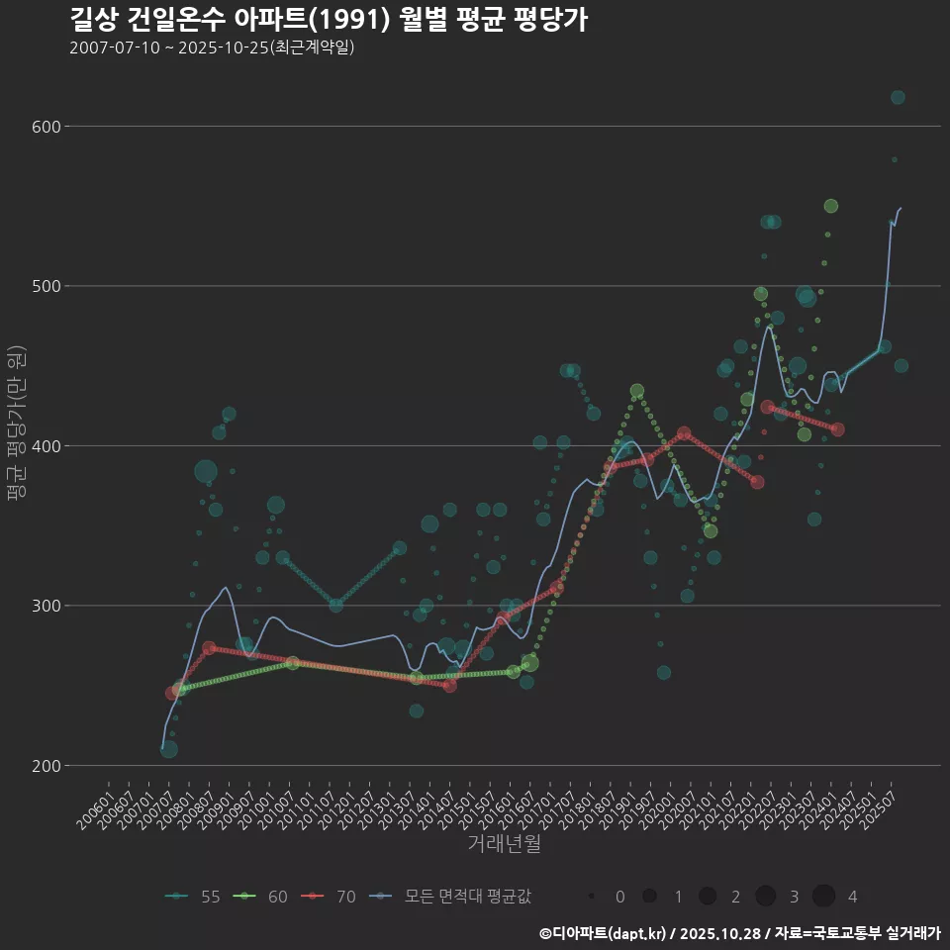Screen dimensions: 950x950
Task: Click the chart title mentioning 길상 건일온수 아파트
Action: (x=329, y=20)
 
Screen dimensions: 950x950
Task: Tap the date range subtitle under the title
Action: (x=212, y=48)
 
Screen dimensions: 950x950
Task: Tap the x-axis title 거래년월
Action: (x=504, y=844)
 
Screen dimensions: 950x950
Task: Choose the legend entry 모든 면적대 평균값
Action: (x=450, y=897)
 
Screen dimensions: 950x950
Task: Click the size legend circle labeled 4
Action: (x=823, y=897)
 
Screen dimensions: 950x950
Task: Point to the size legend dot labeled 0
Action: (x=591, y=897)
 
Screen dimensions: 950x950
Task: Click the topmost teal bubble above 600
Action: (x=898, y=97)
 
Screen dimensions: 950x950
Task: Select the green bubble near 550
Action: (x=831, y=206)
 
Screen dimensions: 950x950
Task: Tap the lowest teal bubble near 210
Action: (x=169, y=749)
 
